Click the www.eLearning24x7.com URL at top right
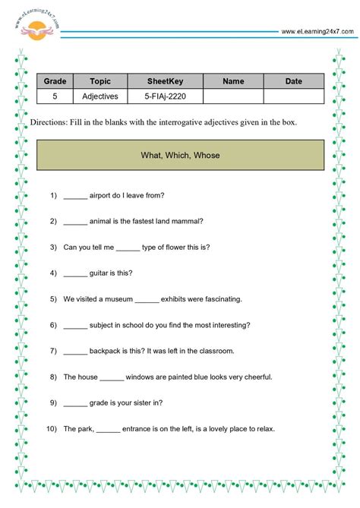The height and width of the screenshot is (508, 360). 317,31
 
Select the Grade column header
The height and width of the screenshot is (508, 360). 55,81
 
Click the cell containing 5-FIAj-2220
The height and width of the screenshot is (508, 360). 165,96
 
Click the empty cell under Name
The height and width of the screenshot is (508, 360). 233,96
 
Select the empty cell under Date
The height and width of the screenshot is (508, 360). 293,96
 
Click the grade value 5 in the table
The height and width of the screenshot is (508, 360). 55,96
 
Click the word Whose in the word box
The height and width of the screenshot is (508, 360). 207,156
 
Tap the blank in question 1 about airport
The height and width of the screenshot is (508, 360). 76,195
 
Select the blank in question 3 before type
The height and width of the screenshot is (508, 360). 129,247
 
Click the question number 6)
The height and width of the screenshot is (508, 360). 53,324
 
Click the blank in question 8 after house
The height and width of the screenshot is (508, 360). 112,377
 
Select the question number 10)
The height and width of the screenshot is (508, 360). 52,429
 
